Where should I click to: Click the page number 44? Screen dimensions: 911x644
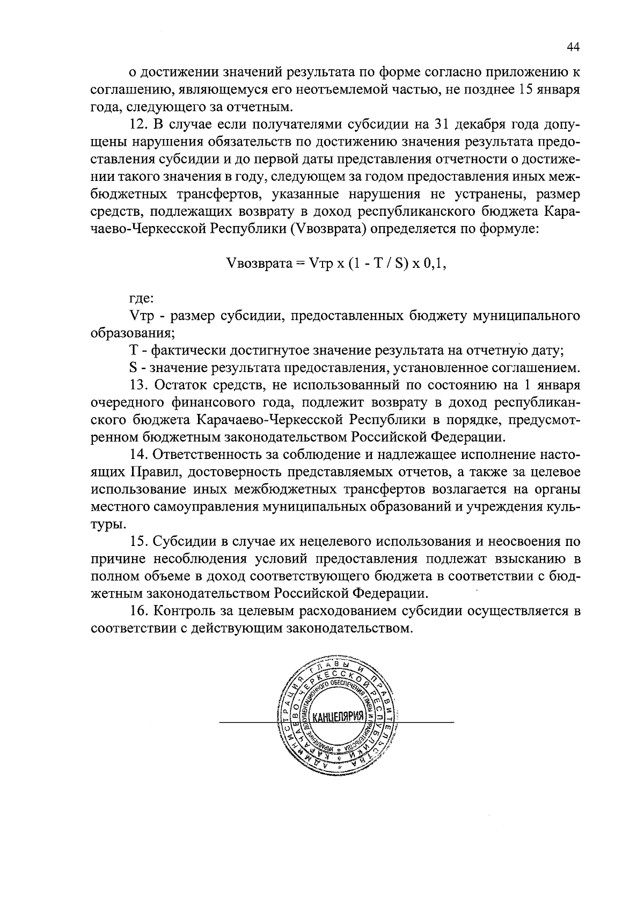pos(573,48)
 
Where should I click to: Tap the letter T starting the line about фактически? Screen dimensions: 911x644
pos(133,351)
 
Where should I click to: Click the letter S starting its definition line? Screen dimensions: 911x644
pos(133,368)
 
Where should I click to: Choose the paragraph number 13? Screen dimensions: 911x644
pos(138,385)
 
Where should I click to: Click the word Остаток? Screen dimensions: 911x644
pos(180,385)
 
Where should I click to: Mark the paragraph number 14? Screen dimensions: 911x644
pos(138,455)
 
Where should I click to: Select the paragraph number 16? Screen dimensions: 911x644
pos(138,610)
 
